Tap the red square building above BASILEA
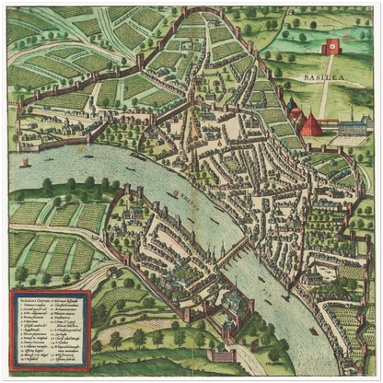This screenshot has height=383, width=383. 331,47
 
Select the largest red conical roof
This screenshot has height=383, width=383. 312,123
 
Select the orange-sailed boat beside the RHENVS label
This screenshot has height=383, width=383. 174,194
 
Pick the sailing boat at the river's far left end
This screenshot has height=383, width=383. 25,164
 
